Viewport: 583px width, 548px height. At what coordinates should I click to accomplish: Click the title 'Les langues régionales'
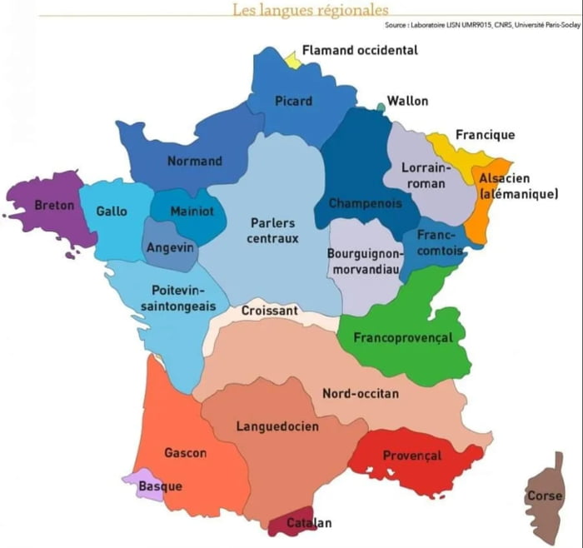pyautogui.click(x=310, y=10)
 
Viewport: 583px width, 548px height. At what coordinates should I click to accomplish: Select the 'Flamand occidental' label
pyautogui.click(x=360, y=51)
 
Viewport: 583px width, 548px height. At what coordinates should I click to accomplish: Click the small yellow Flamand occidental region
pyautogui.click(x=292, y=60)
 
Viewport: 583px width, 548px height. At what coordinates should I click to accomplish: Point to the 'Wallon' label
pyautogui.click(x=407, y=102)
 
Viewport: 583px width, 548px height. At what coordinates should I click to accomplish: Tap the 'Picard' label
pyautogui.click(x=293, y=102)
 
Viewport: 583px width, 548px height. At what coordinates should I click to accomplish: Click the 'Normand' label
pyautogui.click(x=195, y=161)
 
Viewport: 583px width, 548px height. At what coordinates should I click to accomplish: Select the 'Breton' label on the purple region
pyautogui.click(x=54, y=205)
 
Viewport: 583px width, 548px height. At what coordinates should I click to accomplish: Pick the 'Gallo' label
pyautogui.click(x=112, y=212)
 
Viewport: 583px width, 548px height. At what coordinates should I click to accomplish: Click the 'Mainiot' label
pyautogui.click(x=192, y=212)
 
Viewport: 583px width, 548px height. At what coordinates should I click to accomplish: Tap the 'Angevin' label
pyautogui.click(x=169, y=247)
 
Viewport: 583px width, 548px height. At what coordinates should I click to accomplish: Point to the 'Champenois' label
pyautogui.click(x=365, y=203)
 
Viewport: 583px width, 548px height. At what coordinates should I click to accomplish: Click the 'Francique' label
pyautogui.click(x=485, y=135)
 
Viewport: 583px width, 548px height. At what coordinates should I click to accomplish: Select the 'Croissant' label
pyautogui.click(x=269, y=311)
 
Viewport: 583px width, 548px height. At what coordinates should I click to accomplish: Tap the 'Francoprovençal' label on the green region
pyautogui.click(x=403, y=338)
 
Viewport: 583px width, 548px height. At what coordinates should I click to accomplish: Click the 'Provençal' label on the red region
pyautogui.click(x=411, y=456)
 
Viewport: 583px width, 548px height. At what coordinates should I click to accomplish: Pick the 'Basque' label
pyautogui.click(x=160, y=486)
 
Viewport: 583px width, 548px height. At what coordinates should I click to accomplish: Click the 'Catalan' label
pyautogui.click(x=309, y=523)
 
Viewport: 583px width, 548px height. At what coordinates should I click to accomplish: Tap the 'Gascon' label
pyautogui.click(x=185, y=453)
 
